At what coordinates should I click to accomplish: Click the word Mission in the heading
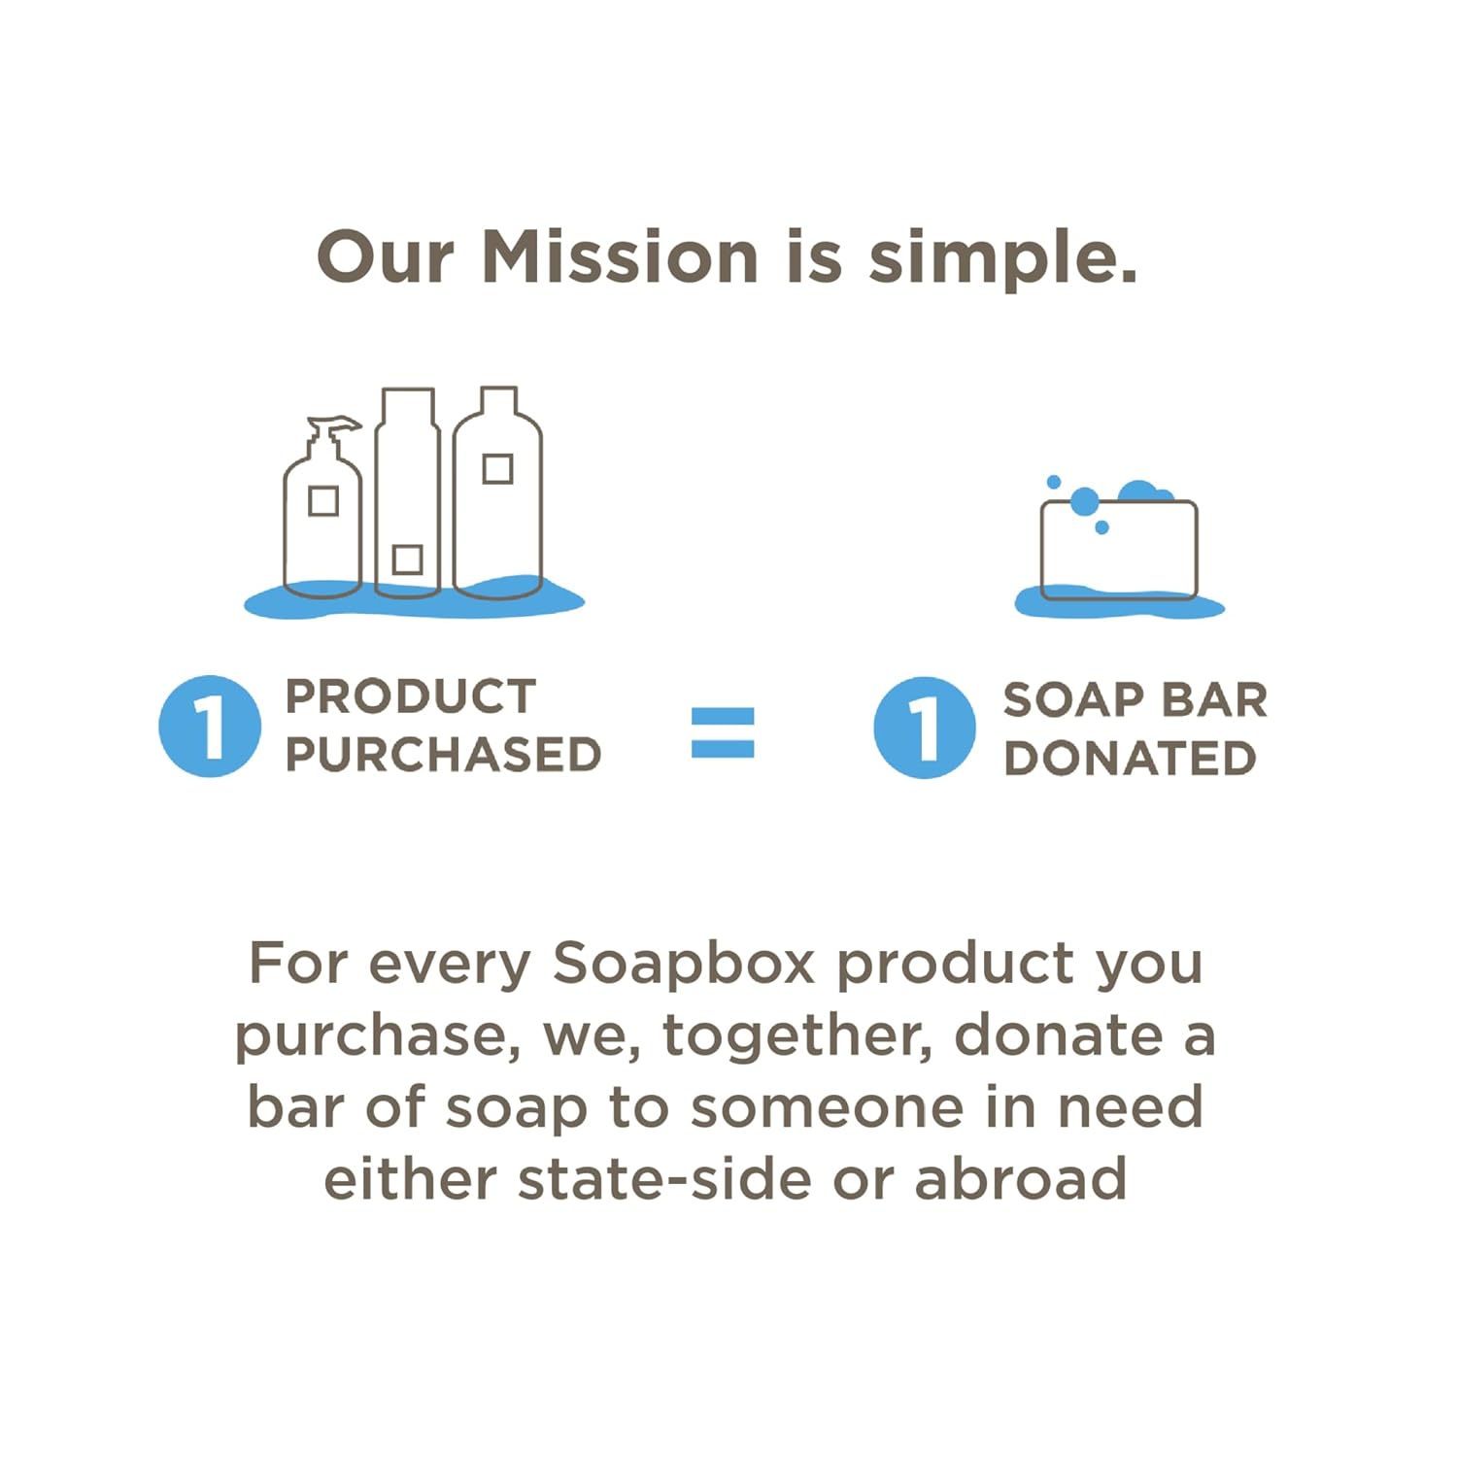620,258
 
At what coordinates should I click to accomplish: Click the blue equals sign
722,732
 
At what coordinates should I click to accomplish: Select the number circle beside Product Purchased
210,727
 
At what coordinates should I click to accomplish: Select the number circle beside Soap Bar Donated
924,728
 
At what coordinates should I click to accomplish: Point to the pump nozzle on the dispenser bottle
335,424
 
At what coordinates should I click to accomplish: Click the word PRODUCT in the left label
410,696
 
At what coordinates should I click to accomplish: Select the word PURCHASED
443,755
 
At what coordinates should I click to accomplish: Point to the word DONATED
1130,759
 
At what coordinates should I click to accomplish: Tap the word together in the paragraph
797,1035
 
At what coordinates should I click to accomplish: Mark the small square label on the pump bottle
322,501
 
